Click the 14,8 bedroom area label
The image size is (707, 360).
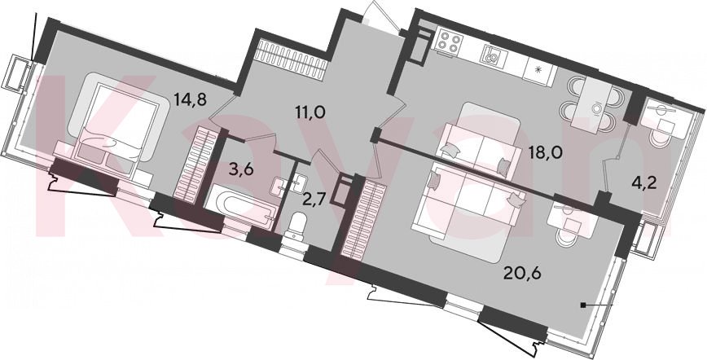click(x=191, y=98)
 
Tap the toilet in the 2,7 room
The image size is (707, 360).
click(x=297, y=226)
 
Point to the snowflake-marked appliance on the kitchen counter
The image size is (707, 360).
click(x=541, y=72)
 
